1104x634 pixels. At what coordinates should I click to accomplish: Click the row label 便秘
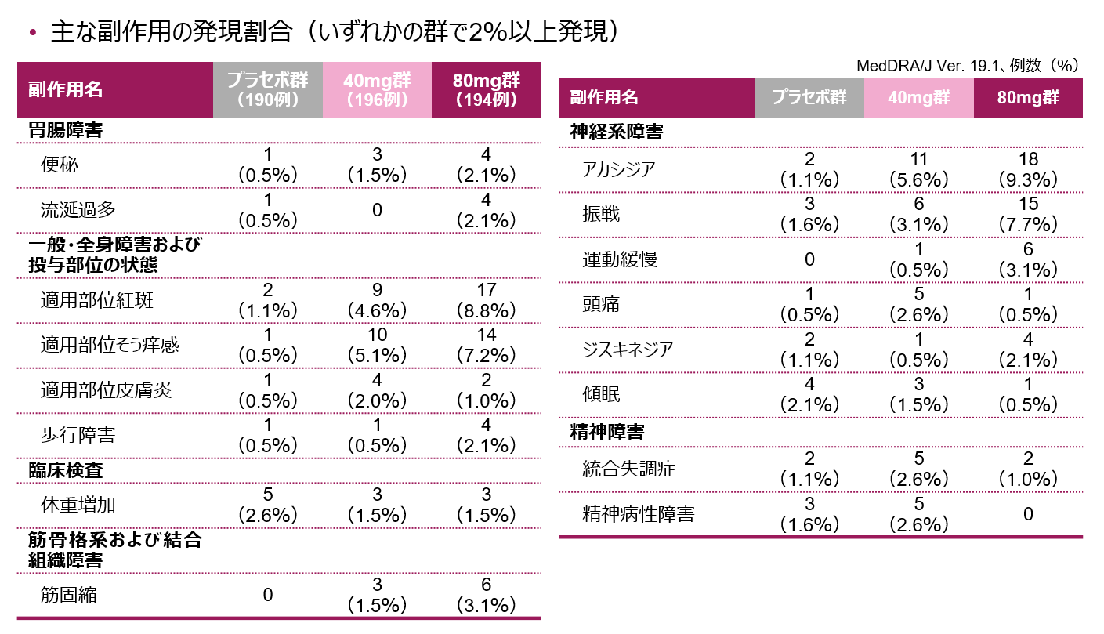point(60,165)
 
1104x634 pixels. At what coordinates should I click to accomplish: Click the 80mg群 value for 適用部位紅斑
point(486,300)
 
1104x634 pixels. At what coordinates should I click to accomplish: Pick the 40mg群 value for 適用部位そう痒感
point(377,345)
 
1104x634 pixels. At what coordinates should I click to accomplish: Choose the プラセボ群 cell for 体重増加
point(268,505)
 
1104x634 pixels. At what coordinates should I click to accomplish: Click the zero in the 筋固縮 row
point(268,595)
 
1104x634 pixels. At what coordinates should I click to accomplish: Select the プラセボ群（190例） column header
point(268,89)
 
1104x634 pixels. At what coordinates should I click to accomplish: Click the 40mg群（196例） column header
point(377,89)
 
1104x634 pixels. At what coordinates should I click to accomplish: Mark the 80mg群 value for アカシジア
point(1029,169)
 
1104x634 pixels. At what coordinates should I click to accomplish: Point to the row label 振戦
point(601,214)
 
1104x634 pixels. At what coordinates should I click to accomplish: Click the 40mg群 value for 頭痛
point(919,304)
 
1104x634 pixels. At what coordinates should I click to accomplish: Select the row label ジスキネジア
point(628,350)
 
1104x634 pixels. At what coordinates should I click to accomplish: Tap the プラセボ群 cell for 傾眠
point(809,394)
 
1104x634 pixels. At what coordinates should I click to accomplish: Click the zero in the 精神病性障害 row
point(1029,514)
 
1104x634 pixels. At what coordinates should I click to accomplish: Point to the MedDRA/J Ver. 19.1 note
point(968,66)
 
